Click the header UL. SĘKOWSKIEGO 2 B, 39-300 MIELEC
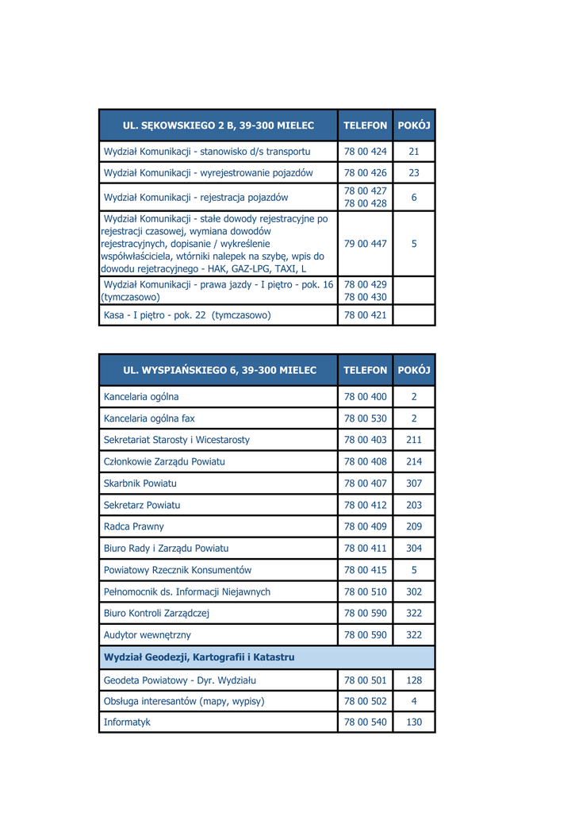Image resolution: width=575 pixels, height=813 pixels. point(218,125)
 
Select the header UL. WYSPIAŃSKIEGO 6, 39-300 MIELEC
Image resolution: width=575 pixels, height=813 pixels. point(219,370)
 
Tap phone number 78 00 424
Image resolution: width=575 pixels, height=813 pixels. point(365,152)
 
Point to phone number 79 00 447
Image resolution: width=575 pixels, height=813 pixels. point(365,244)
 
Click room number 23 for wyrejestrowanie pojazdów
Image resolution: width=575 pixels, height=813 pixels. point(414,173)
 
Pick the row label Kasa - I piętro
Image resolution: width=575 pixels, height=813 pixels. point(187,315)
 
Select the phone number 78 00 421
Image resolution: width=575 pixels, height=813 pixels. point(365,315)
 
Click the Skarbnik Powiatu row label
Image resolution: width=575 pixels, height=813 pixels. point(140,484)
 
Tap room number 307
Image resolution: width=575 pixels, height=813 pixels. point(414,484)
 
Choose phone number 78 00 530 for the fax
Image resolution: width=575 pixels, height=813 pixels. point(365,418)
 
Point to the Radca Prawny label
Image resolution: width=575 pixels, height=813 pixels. point(134,526)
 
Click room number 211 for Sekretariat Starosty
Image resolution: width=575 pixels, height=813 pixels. point(414,440)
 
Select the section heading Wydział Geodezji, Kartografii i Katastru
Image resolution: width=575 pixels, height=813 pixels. point(199,657)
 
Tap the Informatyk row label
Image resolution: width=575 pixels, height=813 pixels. point(127,722)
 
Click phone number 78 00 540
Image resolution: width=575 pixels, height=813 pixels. point(365,722)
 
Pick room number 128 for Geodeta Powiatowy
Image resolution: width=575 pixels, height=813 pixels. point(414,680)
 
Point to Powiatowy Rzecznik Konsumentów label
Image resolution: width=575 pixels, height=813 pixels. point(178,570)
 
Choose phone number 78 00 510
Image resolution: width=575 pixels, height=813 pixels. point(365,591)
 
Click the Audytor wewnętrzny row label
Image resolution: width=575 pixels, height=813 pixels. point(148,635)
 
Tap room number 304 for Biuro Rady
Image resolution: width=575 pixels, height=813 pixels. point(414,549)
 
